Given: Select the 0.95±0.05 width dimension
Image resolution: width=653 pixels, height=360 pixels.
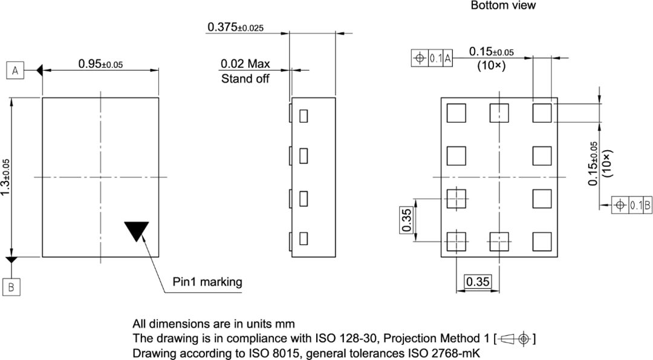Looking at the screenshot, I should tap(100, 64).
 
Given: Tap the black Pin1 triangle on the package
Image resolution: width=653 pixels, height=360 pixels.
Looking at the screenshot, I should tap(136, 231).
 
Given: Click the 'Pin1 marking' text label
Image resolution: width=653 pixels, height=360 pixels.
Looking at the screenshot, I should tap(207, 281).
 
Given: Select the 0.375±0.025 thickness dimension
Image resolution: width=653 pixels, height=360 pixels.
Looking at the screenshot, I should tap(235, 27).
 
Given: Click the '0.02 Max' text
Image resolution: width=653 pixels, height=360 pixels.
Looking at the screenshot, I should tap(245, 64).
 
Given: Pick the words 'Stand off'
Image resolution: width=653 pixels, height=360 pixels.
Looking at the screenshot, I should tap(245, 79).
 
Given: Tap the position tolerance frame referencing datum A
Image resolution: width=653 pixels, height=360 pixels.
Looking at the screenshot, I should tap(432, 58).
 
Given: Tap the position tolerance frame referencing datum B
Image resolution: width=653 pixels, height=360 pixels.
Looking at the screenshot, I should tap(632, 205).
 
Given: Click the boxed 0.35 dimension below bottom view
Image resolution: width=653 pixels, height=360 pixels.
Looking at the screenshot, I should tap(478, 281).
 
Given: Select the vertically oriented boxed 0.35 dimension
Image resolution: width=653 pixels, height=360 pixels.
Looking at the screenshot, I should tap(406, 220).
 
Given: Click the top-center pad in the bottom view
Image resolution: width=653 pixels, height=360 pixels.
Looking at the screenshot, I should tap(499, 113).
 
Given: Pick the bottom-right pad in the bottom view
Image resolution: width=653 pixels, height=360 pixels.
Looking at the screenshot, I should tap(542, 241).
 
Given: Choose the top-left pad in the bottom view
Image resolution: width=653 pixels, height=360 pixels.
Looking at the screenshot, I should tap(456, 113).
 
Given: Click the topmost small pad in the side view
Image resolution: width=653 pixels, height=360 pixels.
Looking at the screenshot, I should tap(304, 114).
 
